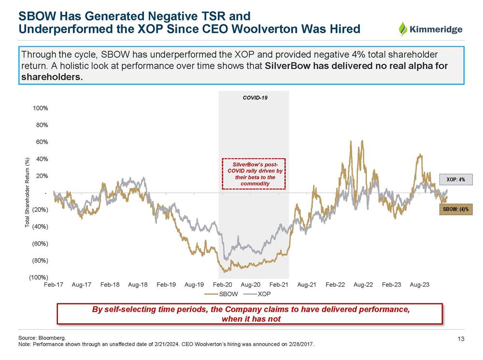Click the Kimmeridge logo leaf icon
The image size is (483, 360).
[403, 29]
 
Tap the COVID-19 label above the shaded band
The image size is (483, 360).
[255, 97]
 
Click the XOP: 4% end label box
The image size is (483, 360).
[455, 180]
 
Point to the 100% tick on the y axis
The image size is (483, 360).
[41, 108]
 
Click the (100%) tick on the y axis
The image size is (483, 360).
[40, 277]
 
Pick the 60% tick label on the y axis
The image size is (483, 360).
[42, 142]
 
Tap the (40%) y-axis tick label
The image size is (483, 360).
[40, 226]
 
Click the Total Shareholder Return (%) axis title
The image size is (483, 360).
[28, 193]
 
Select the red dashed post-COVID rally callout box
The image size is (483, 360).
[254, 174]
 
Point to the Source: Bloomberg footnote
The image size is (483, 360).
[42, 338]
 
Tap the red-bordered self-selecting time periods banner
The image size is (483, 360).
[250, 314]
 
